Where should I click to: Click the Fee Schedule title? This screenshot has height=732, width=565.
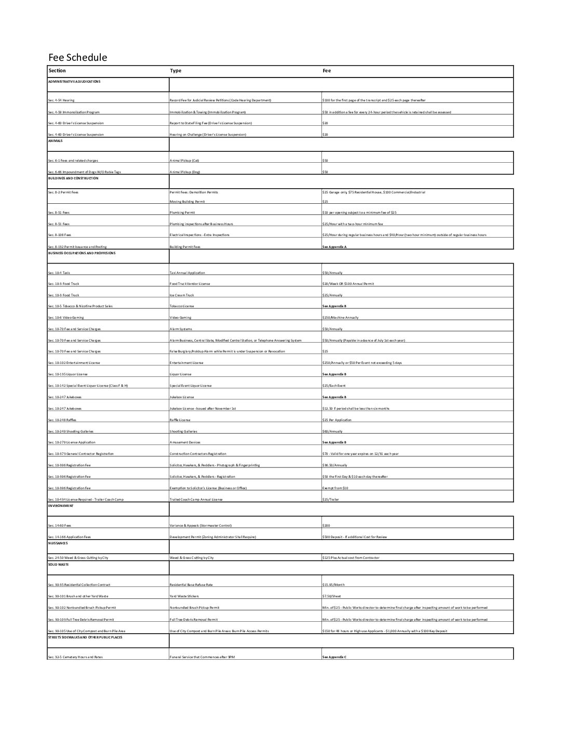coord(77,57)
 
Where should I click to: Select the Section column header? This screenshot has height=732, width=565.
coord(57,71)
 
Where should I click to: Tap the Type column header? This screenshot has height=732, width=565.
coord(176,71)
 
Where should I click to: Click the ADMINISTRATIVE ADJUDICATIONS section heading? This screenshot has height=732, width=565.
coord(74,82)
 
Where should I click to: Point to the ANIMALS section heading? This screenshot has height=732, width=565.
coord(55,140)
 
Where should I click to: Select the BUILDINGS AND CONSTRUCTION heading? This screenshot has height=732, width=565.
coord(73,178)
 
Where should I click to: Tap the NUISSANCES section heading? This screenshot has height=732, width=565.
coord(58,543)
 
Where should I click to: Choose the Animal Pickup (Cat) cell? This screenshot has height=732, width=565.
coord(184,161)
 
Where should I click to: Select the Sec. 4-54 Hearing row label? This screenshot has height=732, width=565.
coord(61,100)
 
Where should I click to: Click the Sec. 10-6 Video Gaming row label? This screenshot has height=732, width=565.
coord(65,318)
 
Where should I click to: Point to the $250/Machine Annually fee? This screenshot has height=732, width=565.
coord(340,318)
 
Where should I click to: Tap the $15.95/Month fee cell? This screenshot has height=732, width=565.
coord(333,585)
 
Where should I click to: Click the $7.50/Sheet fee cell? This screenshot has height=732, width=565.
coord(332,596)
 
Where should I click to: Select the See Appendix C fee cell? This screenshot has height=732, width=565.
coord(334,657)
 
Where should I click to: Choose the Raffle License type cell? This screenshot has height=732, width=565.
coord(180,420)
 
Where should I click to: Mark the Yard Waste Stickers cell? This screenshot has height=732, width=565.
coord(184,596)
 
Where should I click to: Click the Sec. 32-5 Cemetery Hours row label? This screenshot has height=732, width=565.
coord(75,657)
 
